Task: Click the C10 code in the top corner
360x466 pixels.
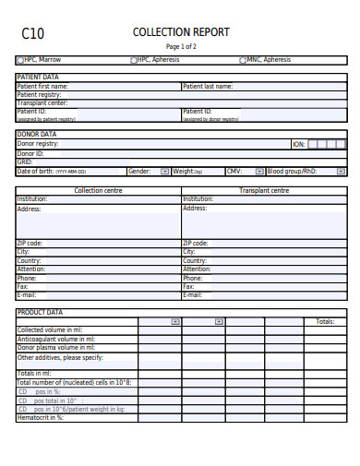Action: point(32,34)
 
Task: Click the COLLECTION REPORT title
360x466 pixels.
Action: point(181,32)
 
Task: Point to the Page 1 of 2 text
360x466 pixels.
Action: point(181,46)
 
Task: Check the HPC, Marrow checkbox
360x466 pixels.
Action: point(19,60)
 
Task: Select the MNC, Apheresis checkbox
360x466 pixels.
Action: point(243,60)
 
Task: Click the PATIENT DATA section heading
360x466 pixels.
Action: point(38,77)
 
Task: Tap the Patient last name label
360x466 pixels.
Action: point(208,86)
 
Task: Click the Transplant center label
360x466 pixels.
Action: point(42,103)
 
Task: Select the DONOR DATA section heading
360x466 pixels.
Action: point(37,134)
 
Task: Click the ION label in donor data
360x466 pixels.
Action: point(298,144)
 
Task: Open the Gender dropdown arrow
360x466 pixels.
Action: point(165,172)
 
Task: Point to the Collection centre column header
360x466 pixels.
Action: point(99,190)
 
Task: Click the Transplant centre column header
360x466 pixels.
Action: point(264,190)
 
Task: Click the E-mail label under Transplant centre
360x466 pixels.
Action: point(192,295)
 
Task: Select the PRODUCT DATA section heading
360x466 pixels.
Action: point(40,312)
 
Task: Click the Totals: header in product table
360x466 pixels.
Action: point(325,322)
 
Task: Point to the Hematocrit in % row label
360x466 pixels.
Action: point(41,417)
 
